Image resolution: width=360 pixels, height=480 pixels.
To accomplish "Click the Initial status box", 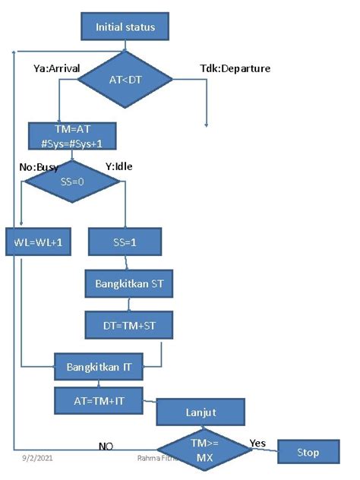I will (125, 27).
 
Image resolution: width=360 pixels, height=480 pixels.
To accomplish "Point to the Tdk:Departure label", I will (235, 69).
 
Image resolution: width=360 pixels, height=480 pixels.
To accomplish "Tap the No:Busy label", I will (39, 166).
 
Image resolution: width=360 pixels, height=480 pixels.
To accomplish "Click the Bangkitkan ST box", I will (129, 285).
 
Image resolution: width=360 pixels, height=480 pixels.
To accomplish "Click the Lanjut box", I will (201, 414).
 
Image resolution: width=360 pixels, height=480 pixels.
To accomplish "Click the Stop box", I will (308, 453).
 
